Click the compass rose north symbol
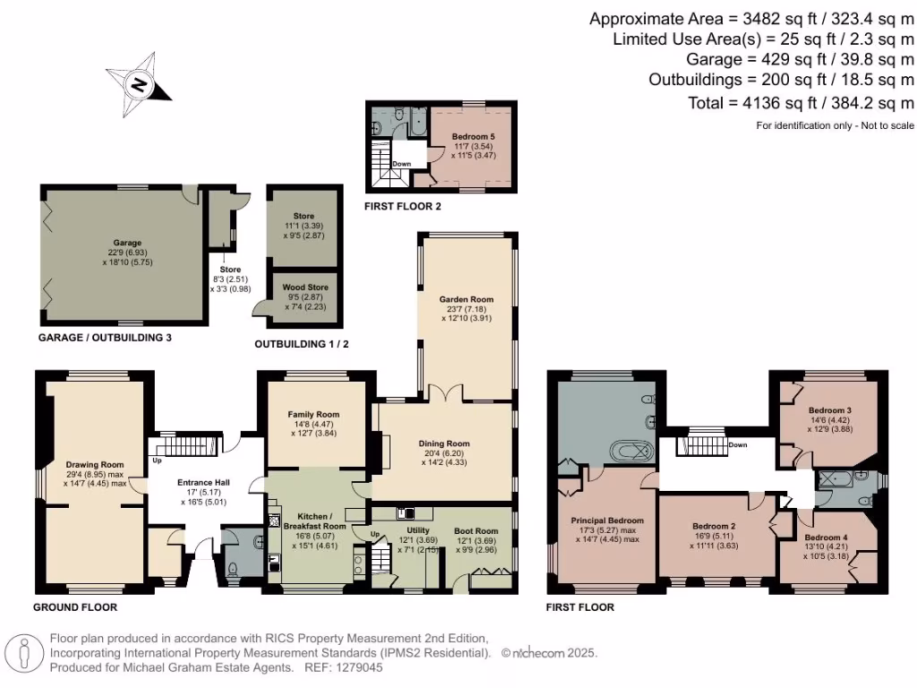point(140,84)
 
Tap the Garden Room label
point(466,299)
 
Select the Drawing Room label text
point(94,464)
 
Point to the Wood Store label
point(304,288)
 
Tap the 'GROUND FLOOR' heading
point(75,607)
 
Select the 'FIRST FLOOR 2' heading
point(401,206)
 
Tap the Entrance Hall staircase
point(188,445)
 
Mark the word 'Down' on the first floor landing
point(738,445)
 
